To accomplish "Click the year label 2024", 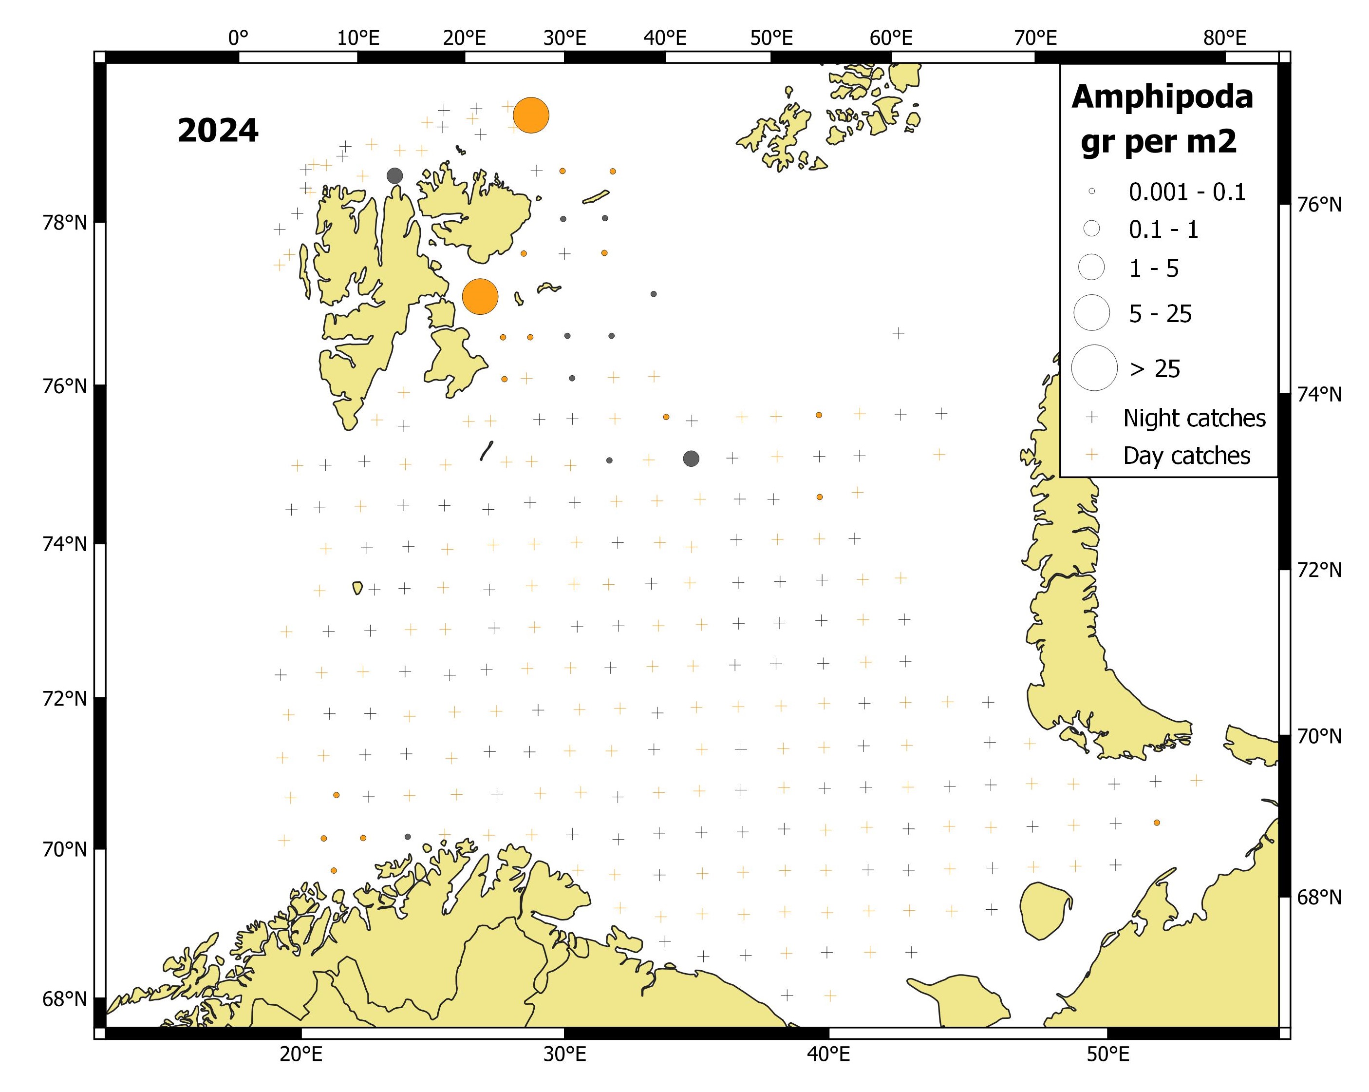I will pos(218,131).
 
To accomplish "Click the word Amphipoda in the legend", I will pos(1162,97).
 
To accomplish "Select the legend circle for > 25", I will pos(1093,368).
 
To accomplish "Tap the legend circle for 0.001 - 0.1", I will pos(1091,191).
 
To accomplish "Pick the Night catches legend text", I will pos(1194,418).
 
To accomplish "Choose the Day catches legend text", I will pos(1186,456).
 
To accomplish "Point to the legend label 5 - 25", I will pos(1160,314).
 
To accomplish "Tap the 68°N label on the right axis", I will pos(1319,897).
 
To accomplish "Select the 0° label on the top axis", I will pos(238,38).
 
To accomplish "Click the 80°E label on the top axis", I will pos(1224,38).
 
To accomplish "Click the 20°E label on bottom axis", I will pos(301,1054).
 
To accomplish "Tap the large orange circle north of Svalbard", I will pos(531,115).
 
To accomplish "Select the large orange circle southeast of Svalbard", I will pos(480,297).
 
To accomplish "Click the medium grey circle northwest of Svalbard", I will pos(394,176).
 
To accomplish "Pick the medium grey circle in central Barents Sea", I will pos(691,459).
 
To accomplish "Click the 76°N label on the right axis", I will pos(1319,205).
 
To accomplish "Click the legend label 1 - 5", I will pos(1153,268).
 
